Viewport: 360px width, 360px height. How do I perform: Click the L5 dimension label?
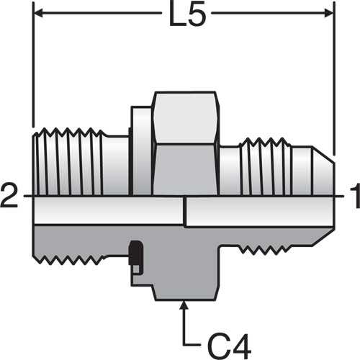click(x=187, y=14)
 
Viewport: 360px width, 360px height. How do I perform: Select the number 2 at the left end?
click(x=9, y=196)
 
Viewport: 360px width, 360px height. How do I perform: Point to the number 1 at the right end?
click(x=355, y=196)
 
